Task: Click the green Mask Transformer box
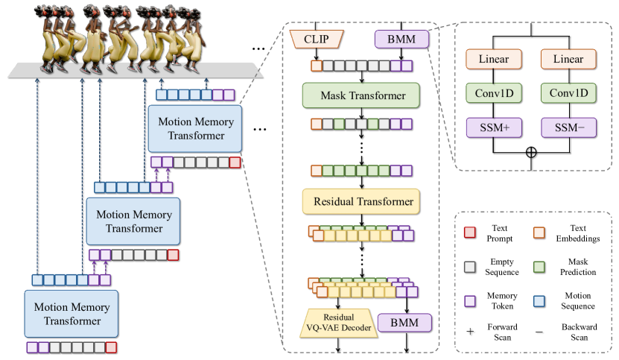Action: (x=362, y=95)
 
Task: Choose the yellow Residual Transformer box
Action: (x=362, y=201)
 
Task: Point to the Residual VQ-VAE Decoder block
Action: (x=338, y=323)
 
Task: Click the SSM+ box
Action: (x=493, y=127)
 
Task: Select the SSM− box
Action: (x=570, y=127)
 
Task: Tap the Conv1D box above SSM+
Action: (x=493, y=93)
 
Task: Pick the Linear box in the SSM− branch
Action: (x=570, y=58)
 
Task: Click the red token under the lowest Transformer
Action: (x=111, y=347)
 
